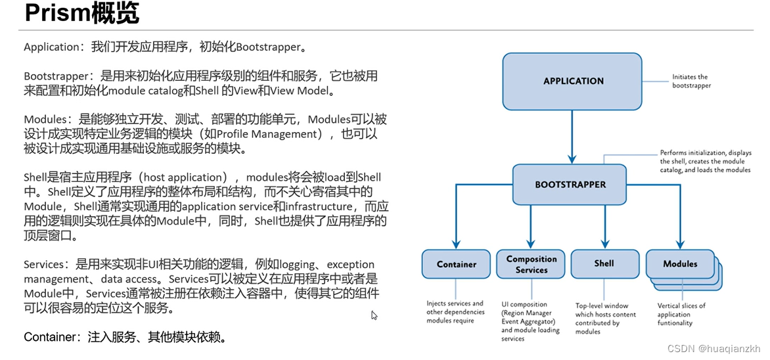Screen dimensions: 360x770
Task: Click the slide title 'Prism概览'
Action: click(81, 14)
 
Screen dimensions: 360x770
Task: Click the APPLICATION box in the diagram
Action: click(572, 81)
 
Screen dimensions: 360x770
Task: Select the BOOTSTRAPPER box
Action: click(570, 185)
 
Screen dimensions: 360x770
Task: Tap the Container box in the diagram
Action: click(456, 265)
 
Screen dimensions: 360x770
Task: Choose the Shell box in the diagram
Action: click(604, 264)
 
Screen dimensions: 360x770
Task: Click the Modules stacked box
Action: click(681, 265)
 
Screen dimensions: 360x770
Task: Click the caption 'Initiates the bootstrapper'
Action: click(691, 81)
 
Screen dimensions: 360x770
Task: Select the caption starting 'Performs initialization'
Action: click(705, 162)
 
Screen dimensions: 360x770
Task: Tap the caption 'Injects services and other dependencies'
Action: click(455, 312)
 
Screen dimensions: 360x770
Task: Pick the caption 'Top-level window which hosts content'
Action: click(605, 319)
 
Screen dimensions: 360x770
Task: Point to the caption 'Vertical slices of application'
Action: click(681, 314)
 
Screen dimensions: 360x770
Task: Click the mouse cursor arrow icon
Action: click(374, 315)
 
